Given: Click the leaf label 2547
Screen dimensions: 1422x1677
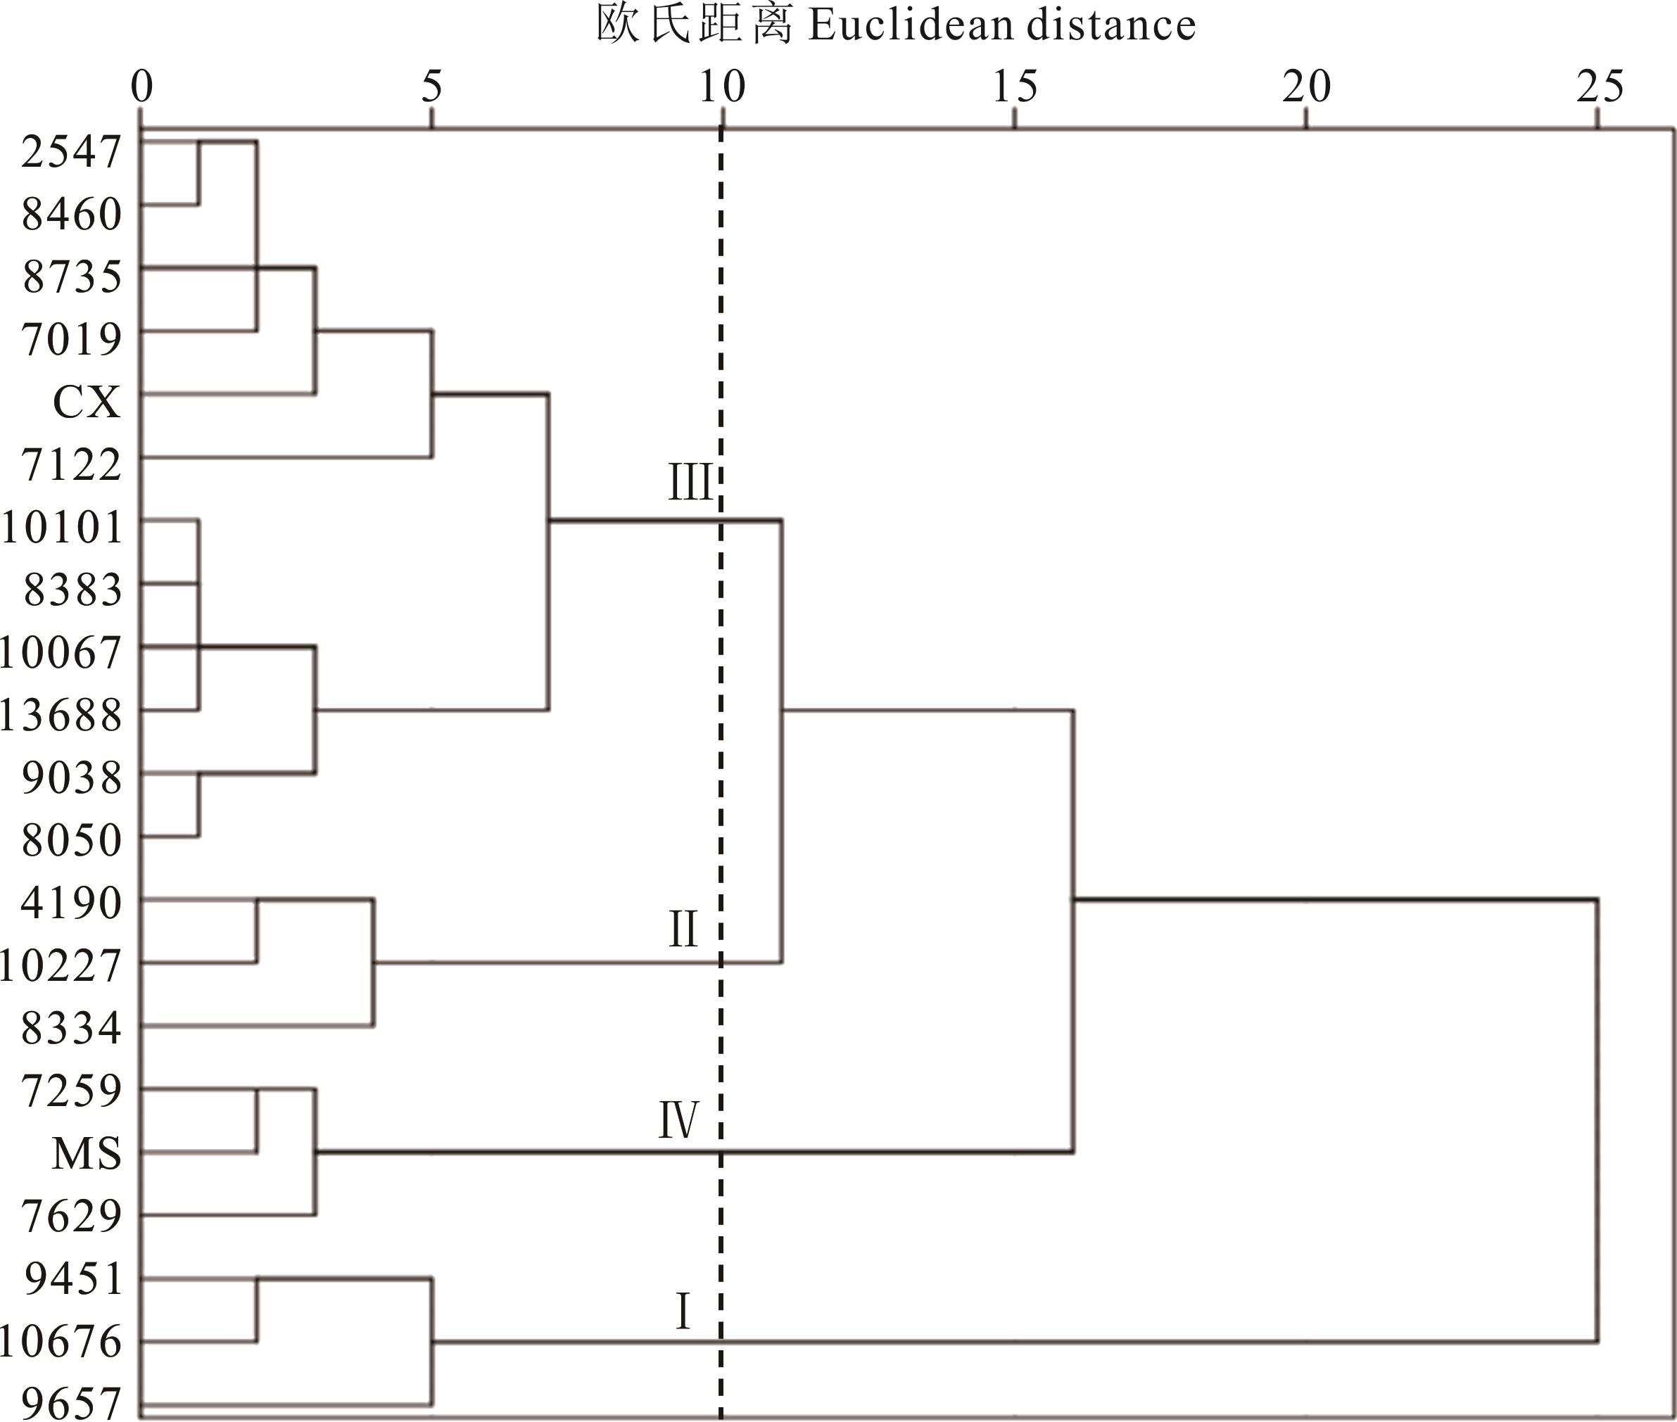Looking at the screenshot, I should (71, 151).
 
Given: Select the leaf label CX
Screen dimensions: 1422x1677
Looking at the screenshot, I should (87, 402).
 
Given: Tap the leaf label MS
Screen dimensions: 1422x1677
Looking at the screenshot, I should (87, 1153).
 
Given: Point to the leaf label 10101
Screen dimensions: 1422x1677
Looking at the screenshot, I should (62, 528).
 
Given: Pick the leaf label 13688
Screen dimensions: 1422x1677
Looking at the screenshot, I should (61, 715).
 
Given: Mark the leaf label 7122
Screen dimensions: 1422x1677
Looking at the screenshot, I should (71, 465).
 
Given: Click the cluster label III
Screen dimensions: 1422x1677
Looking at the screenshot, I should (690, 483).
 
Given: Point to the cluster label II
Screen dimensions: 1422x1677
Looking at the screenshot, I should (682, 929).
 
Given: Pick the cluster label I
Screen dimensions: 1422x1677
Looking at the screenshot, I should (682, 1312).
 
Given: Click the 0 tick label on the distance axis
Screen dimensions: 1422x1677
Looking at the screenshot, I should (142, 87).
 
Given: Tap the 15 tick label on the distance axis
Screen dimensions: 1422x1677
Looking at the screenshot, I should (1013, 87).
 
